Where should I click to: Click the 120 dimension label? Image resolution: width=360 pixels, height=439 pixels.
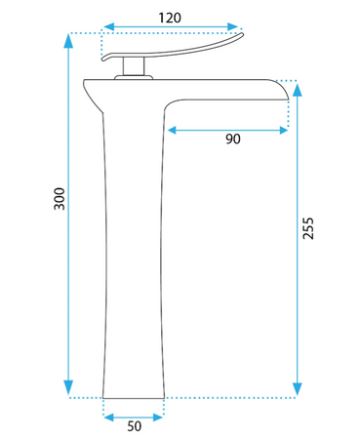170,18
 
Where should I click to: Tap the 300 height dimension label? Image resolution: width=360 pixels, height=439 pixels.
60,199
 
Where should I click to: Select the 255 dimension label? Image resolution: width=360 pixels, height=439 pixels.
307,228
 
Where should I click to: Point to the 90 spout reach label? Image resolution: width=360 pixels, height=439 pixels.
233,139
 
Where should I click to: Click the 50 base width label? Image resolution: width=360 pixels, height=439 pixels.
135,426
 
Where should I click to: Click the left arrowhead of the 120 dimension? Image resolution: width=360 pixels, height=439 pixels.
108,26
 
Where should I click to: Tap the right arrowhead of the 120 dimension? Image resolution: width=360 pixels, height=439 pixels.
233,26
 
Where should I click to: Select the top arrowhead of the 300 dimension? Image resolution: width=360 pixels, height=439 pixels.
68,41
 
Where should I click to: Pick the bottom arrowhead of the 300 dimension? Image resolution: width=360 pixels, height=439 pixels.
68,387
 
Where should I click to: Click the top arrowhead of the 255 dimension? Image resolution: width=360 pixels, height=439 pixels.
298,90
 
